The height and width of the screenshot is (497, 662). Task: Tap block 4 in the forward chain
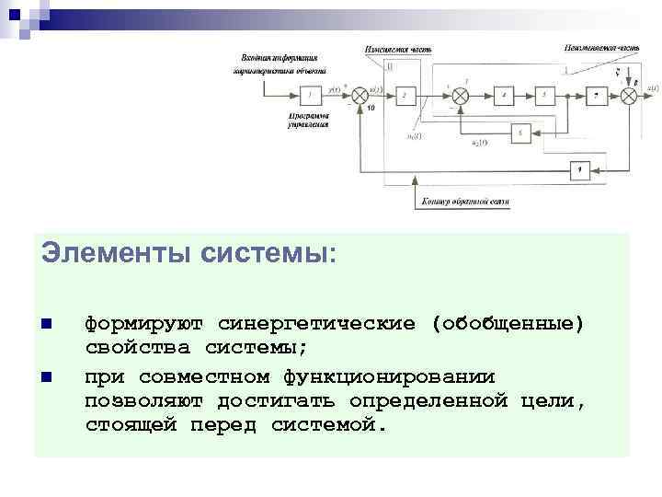(x=503, y=95)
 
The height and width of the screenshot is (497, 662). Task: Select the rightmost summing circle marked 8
(x=630, y=95)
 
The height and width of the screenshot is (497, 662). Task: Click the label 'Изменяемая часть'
(x=396, y=48)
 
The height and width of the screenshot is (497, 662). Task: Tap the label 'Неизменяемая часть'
(x=597, y=46)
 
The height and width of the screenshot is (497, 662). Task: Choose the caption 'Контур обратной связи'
(x=464, y=201)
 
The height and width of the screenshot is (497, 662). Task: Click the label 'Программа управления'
(x=308, y=121)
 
